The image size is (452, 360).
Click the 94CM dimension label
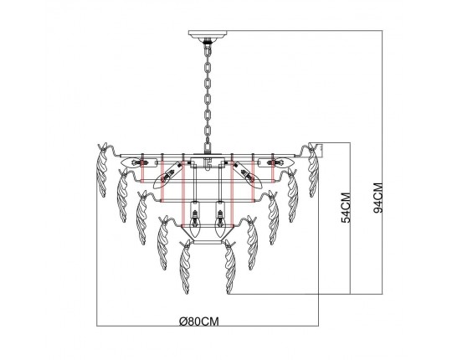click(379, 202)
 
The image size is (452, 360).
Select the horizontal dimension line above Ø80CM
click(209, 326)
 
